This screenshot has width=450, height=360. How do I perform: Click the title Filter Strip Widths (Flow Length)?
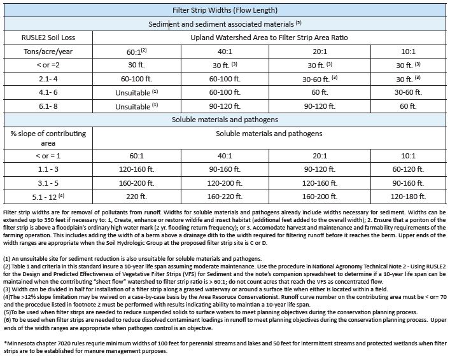point(225,10)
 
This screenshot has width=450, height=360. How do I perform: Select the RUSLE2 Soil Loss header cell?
point(48,38)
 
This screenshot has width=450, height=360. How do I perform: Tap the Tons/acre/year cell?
point(48,52)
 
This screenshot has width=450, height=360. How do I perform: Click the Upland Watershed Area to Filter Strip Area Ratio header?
point(271,38)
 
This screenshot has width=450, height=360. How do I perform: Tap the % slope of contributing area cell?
point(48,138)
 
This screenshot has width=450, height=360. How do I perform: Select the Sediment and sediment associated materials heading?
point(225,24)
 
